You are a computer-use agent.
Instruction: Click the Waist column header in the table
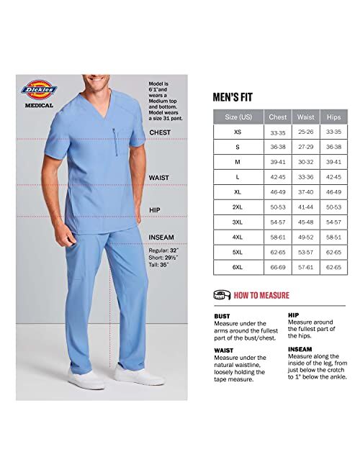(306, 117)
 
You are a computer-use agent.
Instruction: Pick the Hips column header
(333, 117)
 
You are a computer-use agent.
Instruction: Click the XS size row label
(238, 132)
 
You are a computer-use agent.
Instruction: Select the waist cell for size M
(306, 162)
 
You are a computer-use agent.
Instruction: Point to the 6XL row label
(238, 267)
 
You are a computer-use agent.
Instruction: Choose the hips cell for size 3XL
(333, 222)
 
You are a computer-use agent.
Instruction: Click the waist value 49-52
(306, 237)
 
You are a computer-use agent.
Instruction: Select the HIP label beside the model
(154, 210)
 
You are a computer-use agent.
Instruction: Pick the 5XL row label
(238, 253)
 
